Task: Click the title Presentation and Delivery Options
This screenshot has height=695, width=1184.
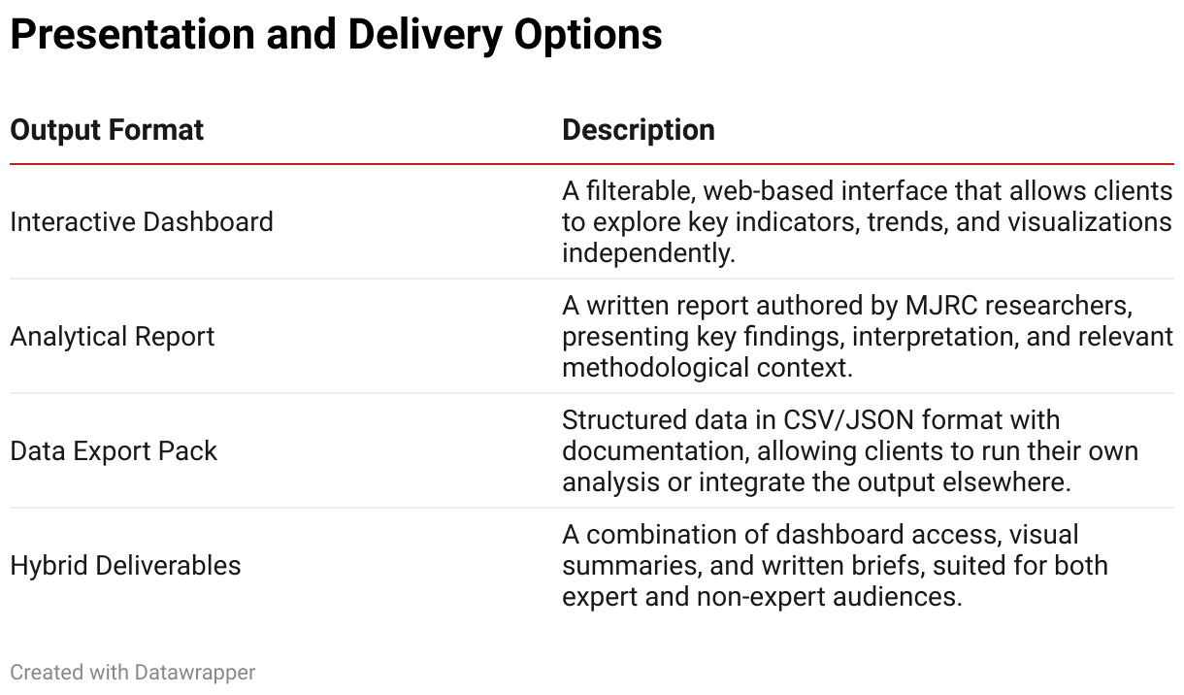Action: coord(336,35)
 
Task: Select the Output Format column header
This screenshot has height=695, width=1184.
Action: coord(107,130)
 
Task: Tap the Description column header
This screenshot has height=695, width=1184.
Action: coord(639,130)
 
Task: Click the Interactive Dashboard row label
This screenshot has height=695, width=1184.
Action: coord(142,222)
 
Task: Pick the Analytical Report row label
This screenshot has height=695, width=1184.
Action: coord(113,337)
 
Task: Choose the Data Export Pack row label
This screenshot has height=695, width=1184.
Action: coord(114,451)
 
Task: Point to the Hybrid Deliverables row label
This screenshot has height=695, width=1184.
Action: coord(126,566)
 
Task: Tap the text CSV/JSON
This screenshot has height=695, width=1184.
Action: coord(848,420)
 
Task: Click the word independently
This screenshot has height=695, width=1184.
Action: coord(648,253)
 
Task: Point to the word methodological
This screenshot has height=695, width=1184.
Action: coord(655,369)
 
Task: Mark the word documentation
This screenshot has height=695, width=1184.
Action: coord(655,451)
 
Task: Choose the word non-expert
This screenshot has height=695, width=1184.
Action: coord(761,597)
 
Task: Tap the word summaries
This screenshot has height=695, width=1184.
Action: coord(632,566)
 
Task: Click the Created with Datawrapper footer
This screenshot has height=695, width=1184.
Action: coord(133,673)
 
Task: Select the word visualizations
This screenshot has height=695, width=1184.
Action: coord(1090,222)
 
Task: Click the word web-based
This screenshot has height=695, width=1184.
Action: coord(769,191)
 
